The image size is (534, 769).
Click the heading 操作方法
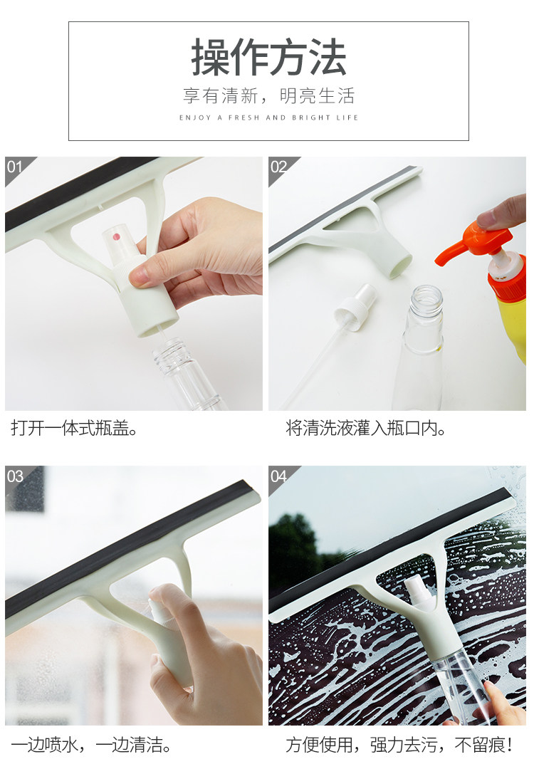(268, 58)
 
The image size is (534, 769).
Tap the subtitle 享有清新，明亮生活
(268, 95)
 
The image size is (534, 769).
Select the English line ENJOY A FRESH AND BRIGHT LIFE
(268, 117)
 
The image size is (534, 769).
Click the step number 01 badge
(15, 167)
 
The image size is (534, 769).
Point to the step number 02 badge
(278, 167)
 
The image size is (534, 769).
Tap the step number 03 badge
(15, 476)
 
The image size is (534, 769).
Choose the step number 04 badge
(278, 476)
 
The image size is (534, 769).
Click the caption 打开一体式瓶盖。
(74, 428)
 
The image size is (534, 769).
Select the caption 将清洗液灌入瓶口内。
(366, 428)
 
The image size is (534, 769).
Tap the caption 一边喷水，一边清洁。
(91, 745)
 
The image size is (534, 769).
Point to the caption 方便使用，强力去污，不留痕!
(399, 745)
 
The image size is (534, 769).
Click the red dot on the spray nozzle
(117, 237)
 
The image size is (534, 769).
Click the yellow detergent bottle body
(513, 324)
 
